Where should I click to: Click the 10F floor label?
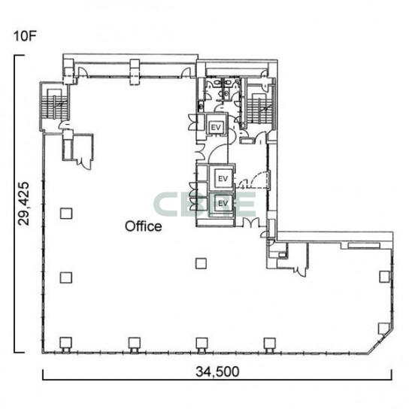click(x=24, y=36)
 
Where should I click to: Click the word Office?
click(x=143, y=226)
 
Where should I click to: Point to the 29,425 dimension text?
click(x=23, y=204)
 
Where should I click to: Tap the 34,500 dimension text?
click(x=217, y=371)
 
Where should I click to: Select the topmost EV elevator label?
click(x=216, y=127)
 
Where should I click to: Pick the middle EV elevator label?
click(x=223, y=179)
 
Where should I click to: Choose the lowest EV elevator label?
click(x=223, y=203)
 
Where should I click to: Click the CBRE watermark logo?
click(x=204, y=204)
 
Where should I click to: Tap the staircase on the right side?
click(x=259, y=108)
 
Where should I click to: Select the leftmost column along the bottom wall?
click(x=66, y=343)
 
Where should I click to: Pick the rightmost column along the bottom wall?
click(x=270, y=344)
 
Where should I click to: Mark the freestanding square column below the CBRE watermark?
click(x=201, y=263)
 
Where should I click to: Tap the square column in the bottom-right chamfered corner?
click(x=384, y=328)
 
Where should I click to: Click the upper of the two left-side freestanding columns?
click(x=66, y=214)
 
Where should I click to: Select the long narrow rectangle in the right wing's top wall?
click(x=364, y=245)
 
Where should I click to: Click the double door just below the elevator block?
click(x=250, y=223)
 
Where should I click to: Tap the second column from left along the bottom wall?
click(x=135, y=344)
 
